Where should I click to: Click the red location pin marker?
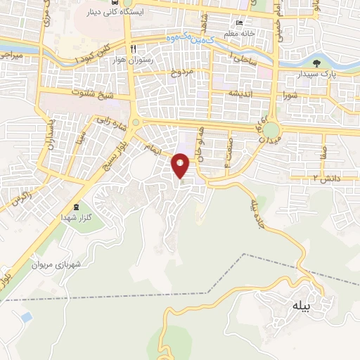tap(181, 165)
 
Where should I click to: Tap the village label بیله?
tap(298, 306)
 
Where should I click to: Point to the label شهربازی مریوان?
tap(56, 265)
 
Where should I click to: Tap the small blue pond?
tap(26, 317)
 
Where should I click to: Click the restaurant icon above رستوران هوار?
tap(133, 48)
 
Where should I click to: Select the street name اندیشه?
tap(241, 94)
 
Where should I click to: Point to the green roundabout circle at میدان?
tap(271, 130)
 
